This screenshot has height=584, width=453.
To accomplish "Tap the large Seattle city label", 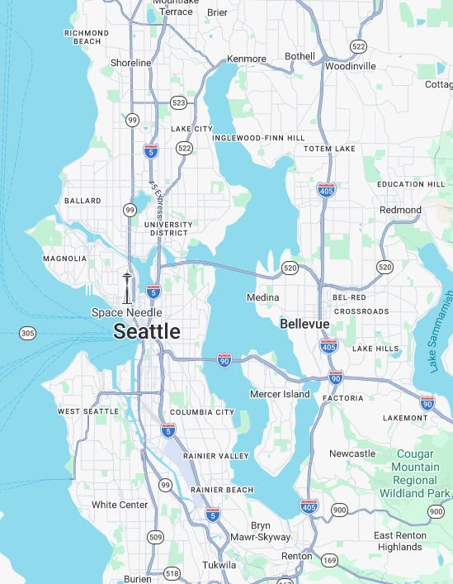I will pyautogui.click(x=146, y=332).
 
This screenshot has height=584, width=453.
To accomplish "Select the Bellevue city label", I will pyautogui.click(x=304, y=324).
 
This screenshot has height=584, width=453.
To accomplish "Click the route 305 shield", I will pyautogui.click(x=28, y=333).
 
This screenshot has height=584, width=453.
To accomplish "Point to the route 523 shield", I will pyautogui.click(x=178, y=103).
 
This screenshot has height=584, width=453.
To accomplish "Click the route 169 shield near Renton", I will pyautogui.click(x=329, y=561).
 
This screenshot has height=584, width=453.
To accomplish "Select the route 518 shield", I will pyautogui.click(x=172, y=573).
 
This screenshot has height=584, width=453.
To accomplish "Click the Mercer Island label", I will pyautogui.click(x=280, y=394).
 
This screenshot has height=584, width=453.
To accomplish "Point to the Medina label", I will pyautogui.click(x=262, y=297).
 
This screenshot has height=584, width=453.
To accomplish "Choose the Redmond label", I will pyautogui.click(x=400, y=210).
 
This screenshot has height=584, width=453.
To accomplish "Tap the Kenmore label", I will pyautogui.click(x=247, y=59).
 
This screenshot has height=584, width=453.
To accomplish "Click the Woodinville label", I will pyautogui.click(x=350, y=66).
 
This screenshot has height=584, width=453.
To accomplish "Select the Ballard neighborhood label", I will pyautogui.click(x=83, y=201).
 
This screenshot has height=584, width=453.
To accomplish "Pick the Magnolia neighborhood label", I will pyautogui.click(x=64, y=259).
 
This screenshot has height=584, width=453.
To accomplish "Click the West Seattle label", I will pyautogui.click(x=87, y=411).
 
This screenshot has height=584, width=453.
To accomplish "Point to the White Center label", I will pyautogui.click(x=120, y=505).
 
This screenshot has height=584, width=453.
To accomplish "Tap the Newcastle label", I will pyautogui.click(x=352, y=453).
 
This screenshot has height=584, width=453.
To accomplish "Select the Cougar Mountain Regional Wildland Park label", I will pyautogui.click(x=415, y=473).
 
